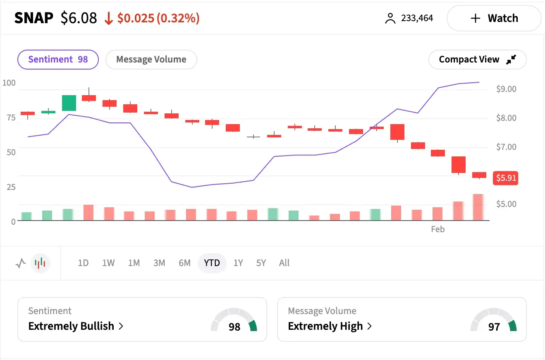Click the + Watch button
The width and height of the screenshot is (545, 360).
[x=494, y=18]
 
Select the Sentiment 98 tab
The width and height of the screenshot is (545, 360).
[x=58, y=59]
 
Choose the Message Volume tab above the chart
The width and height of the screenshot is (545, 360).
[x=151, y=59]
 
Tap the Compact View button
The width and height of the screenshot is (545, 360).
[x=477, y=60]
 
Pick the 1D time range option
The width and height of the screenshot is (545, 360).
[x=83, y=263]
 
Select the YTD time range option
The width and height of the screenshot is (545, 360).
[x=212, y=263]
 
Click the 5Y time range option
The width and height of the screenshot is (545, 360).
[x=261, y=263]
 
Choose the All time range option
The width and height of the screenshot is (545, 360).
[x=284, y=263]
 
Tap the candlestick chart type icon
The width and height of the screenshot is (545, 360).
[x=40, y=263]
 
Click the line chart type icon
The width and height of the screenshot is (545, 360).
[x=21, y=263]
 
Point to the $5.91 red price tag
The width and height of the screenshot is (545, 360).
[x=506, y=178]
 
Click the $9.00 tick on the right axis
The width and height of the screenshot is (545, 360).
[x=506, y=89]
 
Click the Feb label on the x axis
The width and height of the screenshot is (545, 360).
[x=437, y=229]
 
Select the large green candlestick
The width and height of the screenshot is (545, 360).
[x=69, y=103]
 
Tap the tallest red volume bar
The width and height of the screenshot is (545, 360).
[x=478, y=207]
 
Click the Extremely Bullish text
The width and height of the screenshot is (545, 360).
[x=71, y=326]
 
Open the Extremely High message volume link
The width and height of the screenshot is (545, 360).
[x=325, y=326]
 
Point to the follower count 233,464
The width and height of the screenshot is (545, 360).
[x=417, y=18]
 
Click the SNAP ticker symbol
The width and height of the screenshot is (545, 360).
[x=34, y=18]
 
